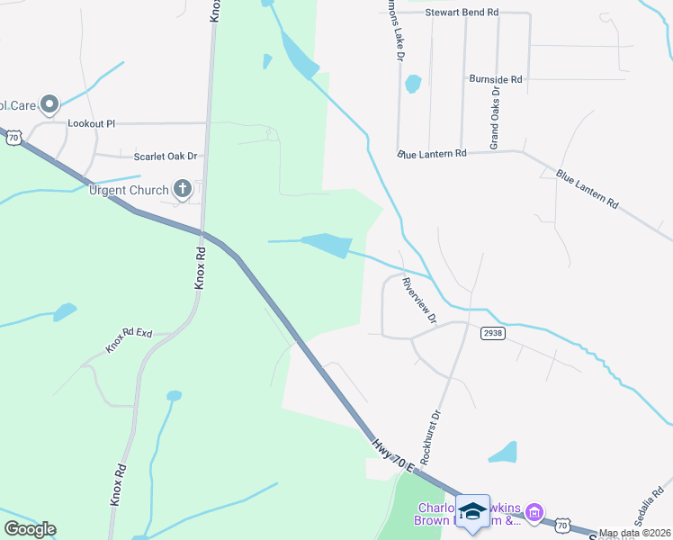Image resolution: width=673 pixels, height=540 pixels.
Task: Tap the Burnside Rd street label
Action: pyautogui.click(x=496, y=79)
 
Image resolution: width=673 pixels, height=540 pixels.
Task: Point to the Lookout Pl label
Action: pyautogui.click(x=93, y=123)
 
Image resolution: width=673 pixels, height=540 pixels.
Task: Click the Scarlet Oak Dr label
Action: pyautogui.click(x=166, y=156)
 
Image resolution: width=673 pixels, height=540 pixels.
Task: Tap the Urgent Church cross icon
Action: pyautogui.click(x=183, y=189)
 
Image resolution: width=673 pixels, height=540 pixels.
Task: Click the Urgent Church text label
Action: pyautogui.click(x=129, y=190)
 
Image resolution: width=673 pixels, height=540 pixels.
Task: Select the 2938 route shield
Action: pyautogui.click(x=491, y=332)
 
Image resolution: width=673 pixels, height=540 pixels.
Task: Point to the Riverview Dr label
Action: pyautogui.click(x=418, y=299)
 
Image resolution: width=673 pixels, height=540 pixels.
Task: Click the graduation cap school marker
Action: pyautogui.click(x=472, y=511)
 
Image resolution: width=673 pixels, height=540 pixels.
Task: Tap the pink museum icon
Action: pyautogui.click(x=534, y=514)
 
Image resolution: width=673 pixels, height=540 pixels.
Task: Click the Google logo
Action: pyautogui.click(x=30, y=529)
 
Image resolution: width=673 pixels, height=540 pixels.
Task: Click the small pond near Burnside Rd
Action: pyautogui.click(x=413, y=85)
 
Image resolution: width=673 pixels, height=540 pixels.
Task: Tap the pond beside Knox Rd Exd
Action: pyautogui.click(x=65, y=312)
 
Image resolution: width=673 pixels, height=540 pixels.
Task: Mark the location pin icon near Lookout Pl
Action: pyautogui.click(x=49, y=105)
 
